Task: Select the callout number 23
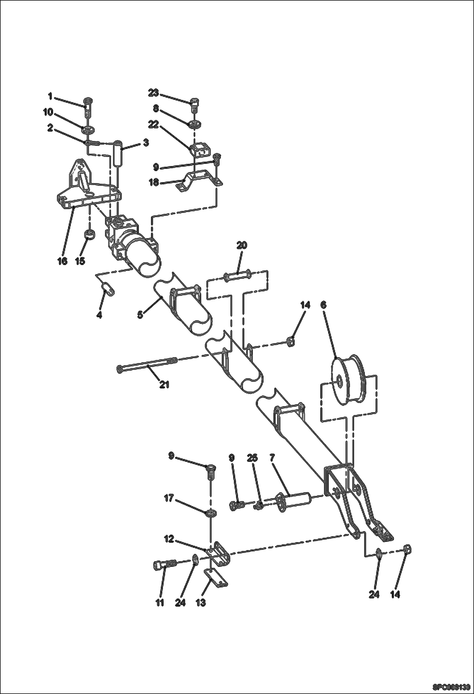[x=153, y=93]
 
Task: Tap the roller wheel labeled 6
[x=348, y=381]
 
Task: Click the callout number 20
[x=242, y=245]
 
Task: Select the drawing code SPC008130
[x=451, y=687]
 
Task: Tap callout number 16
[x=62, y=261]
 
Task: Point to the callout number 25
[x=253, y=458]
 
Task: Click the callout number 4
[x=99, y=315]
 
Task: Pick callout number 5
[x=140, y=315]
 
